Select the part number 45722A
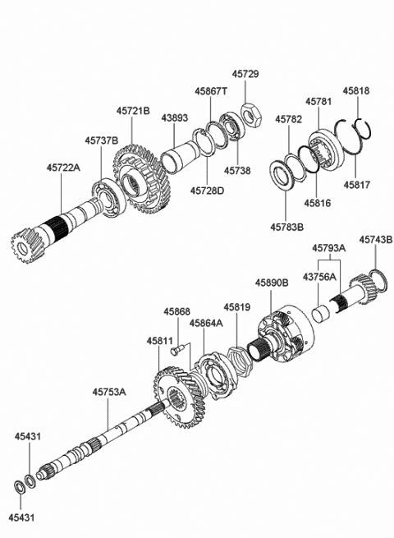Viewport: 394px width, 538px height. (x=63, y=168)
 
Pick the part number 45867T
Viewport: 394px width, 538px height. (x=212, y=92)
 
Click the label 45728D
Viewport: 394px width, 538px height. (x=207, y=191)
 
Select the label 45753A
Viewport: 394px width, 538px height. (x=109, y=393)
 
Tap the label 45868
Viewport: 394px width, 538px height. (x=176, y=312)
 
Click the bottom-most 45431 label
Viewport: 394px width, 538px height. (x=23, y=518)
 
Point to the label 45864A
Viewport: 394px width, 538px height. (x=208, y=324)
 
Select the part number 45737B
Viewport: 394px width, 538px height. (x=102, y=140)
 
